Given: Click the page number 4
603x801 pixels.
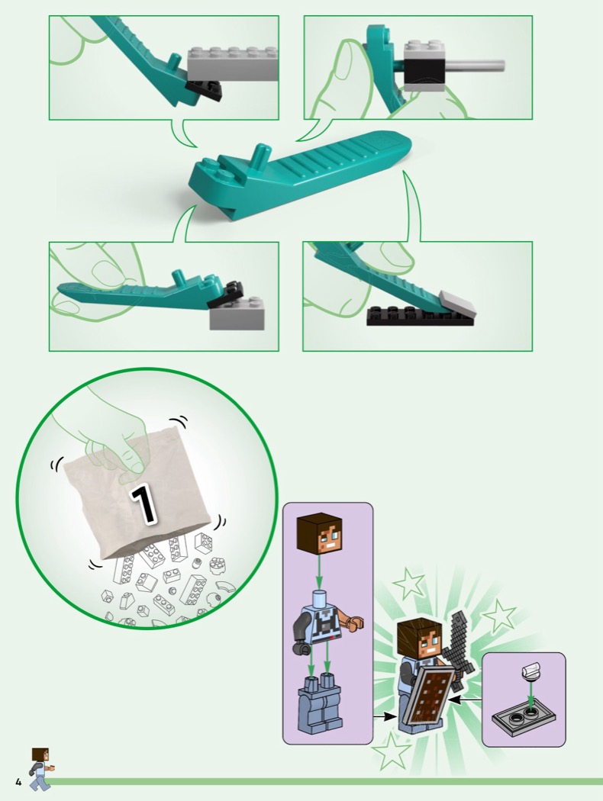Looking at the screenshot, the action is click(x=18, y=782).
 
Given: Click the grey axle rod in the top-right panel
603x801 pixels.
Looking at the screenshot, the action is click(x=475, y=65).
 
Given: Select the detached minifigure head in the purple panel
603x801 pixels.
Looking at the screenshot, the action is click(x=319, y=533).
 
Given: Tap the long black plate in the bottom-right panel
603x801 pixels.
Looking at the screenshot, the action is click(x=421, y=316).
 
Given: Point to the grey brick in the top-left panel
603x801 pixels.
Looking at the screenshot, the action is click(x=234, y=64).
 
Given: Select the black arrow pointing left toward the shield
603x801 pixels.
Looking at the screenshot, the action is click(x=466, y=700).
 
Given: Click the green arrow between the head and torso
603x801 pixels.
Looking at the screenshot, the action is click(x=319, y=572).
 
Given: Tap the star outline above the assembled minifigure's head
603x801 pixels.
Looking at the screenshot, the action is click(x=409, y=583).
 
